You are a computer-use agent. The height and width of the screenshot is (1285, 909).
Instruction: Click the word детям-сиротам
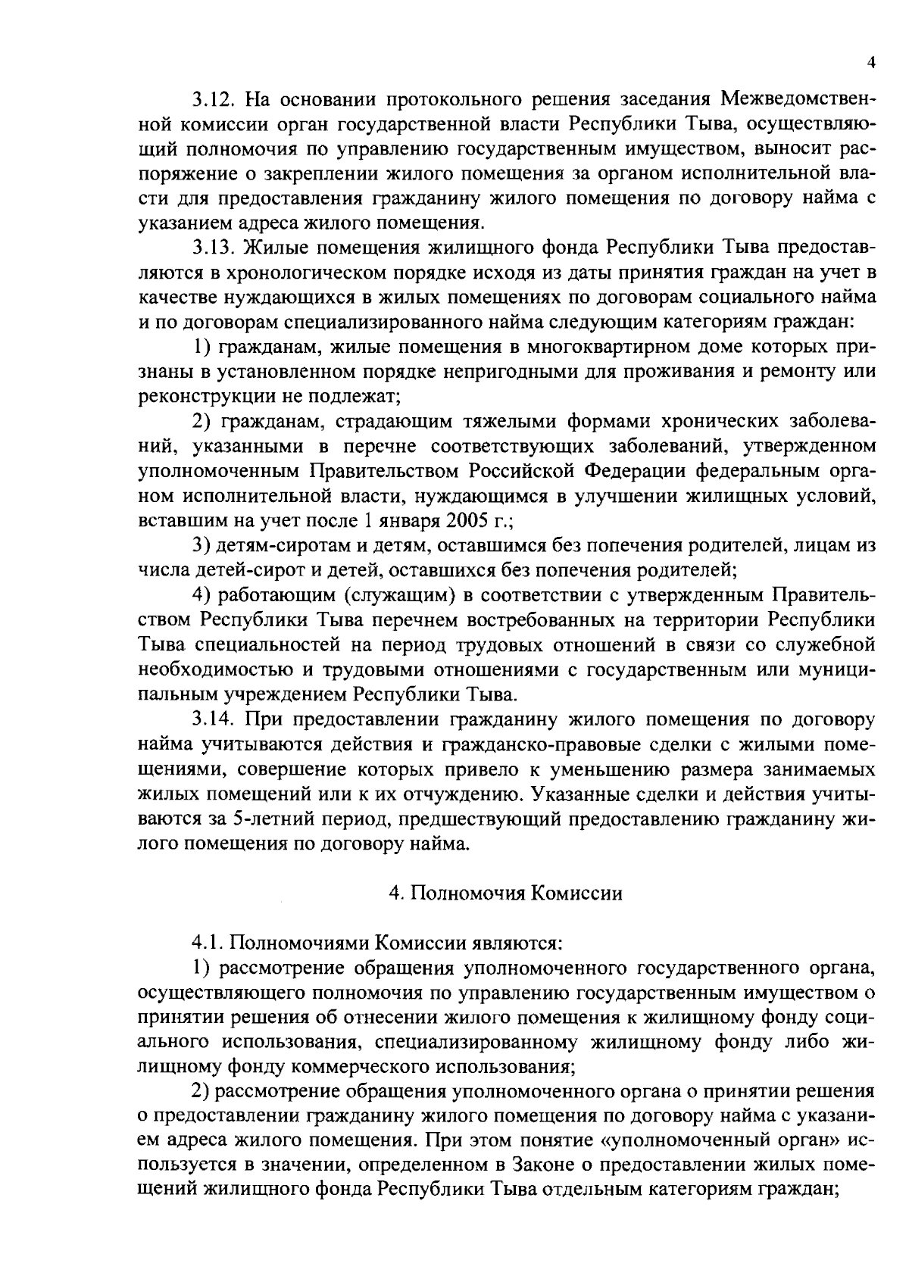(x=270, y=545)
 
